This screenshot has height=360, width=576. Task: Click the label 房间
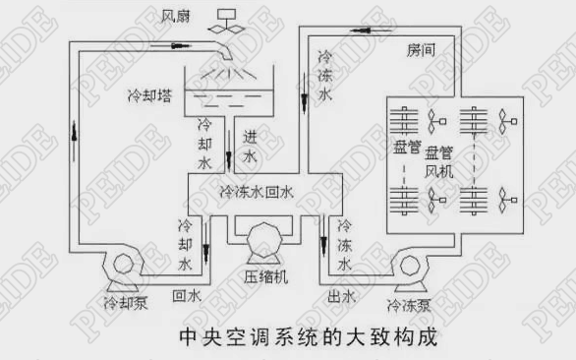pyautogui.click(x=423, y=49)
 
